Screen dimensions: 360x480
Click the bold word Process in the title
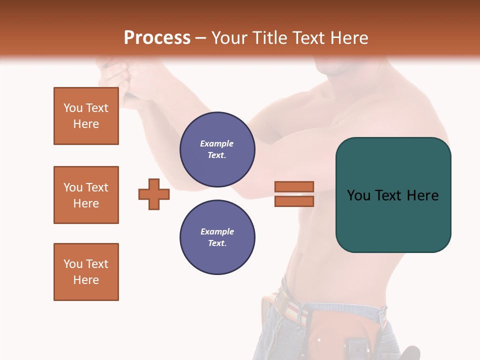pyautogui.click(x=157, y=38)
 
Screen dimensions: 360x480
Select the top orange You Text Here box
pyautogui.click(x=86, y=116)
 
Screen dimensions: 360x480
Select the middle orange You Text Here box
pyautogui.click(x=86, y=195)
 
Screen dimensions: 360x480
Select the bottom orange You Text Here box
pyautogui.click(x=86, y=272)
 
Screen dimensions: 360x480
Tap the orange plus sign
pyautogui.click(x=154, y=194)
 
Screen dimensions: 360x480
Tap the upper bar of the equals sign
pyautogui.click(x=294, y=186)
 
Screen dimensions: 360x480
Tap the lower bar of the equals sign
pyautogui.click(x=294, y=201)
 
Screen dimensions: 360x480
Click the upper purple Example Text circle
pyautogui.click(x=217, y=149)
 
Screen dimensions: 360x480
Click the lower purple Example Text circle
pyautogui.click(x=217, y=237)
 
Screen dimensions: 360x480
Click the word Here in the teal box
pyautogui.click(x=422, y=195)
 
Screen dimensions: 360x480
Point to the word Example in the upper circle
pyautogui.click(x=217, y=143)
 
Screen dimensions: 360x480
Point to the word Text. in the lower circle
pyautogui.click(x=217, y=243)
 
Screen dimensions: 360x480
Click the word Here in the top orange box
pyautogui.click(x=86, y=124)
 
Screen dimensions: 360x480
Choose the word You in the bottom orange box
pyautogui.click(x=73, y=264)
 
